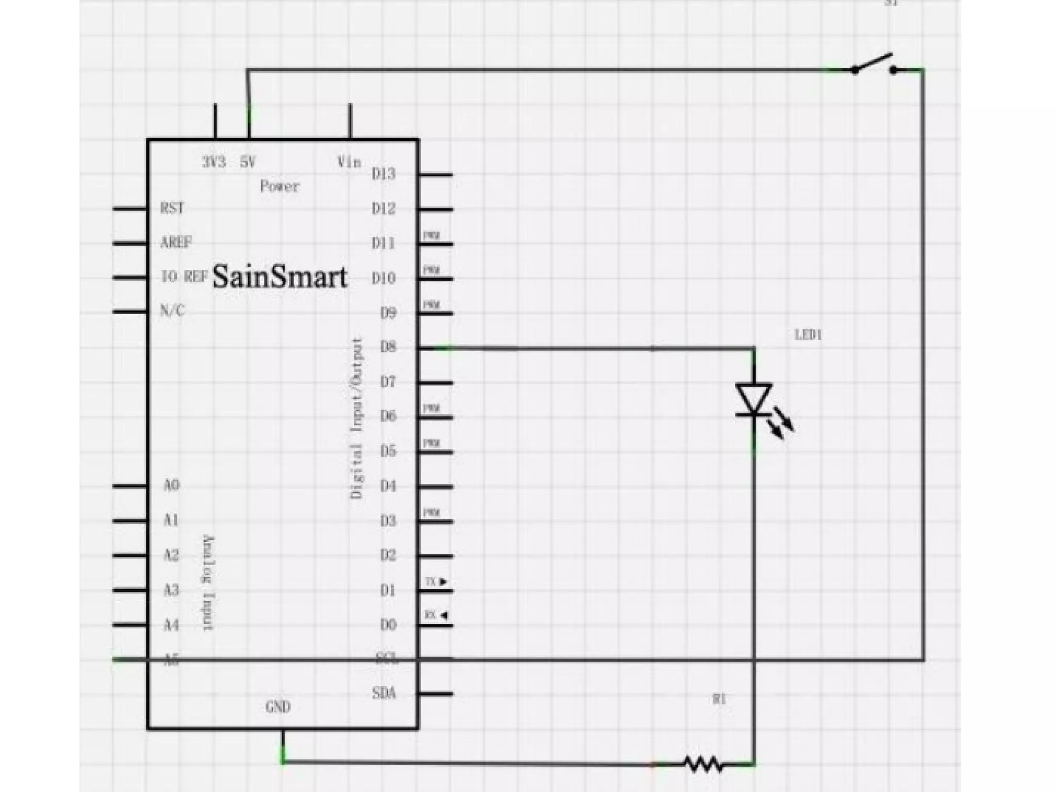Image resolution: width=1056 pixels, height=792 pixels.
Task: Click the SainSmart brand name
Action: click(279, 278)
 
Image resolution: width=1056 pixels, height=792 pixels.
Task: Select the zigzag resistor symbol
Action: click(703, 764)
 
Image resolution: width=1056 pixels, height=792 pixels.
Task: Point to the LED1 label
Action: click(808, 335)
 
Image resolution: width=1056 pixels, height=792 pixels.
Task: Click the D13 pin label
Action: click(384, 174)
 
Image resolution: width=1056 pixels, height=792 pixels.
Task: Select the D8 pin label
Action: click(388, 347)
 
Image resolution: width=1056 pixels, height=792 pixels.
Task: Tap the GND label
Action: click(278, 707)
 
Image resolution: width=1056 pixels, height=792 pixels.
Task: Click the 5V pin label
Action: click(247, 163)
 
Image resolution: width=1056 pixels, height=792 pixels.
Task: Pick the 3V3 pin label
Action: click(213, 163)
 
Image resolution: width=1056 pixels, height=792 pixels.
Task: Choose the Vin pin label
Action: click(349, 163)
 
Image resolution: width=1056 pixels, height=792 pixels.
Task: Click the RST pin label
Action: click(172, 208)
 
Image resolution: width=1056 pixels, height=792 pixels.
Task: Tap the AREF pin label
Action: click(176, 242)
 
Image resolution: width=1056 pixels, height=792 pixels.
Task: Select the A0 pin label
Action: click(171, 486)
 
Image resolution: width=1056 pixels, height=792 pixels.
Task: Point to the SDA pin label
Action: click(384, 693)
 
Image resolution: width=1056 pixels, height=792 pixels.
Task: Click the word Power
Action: click(279, 186)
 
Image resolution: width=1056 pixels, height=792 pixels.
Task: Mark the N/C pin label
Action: click(172, 311)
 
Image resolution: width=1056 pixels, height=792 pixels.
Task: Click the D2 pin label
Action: click(388, 556)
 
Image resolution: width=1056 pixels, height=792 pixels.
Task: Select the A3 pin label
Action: click(171, 590)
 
